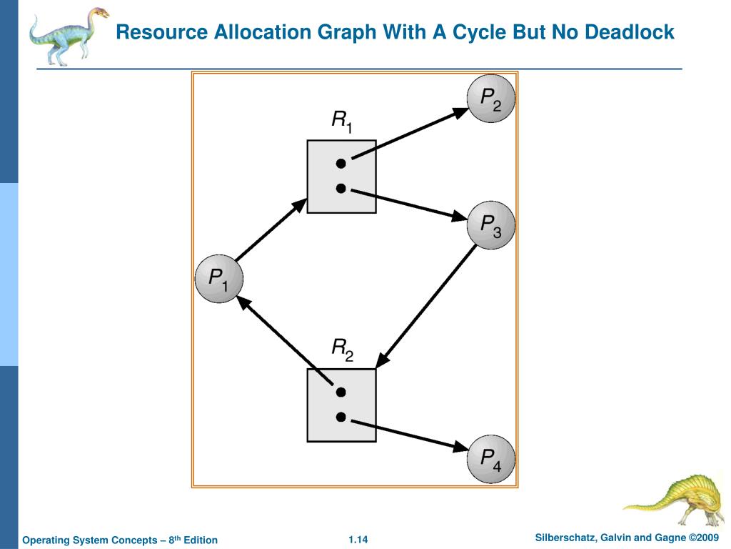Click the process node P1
point(218,278)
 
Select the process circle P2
point(490,99)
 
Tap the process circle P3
point(490,225)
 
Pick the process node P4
point(490,457)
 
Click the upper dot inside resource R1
point(341,164)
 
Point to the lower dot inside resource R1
point(341,189)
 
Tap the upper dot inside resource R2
point(341,392)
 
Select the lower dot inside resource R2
point(341,417)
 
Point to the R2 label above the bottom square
point(342,350)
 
